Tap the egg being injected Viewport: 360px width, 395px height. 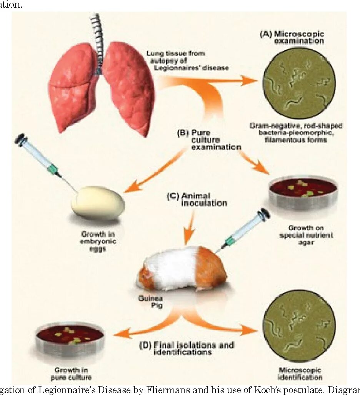[x=98, y=202]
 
